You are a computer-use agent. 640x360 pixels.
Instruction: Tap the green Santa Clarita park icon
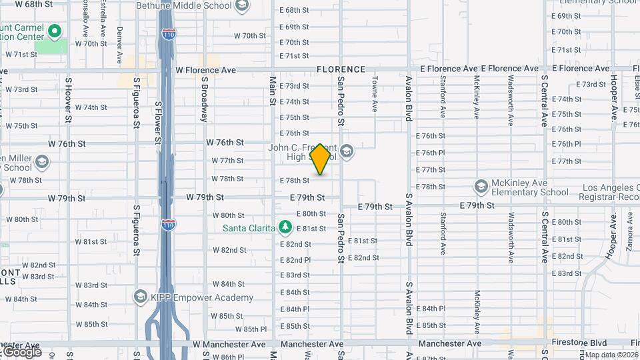coord(285,228)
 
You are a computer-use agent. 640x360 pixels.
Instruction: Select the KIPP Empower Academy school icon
coord(141,296)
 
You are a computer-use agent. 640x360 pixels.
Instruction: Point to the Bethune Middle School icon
coord(242,6)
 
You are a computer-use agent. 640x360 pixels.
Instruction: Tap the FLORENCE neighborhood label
coord(341,69)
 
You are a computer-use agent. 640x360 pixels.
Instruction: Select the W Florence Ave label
coord(206,69)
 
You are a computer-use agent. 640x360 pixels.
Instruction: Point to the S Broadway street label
coord(205,98)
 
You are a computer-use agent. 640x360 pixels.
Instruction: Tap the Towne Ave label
coord(375,98)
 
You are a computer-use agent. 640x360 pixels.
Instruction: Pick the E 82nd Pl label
coord(295,260)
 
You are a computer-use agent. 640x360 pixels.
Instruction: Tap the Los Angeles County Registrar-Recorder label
coord(609,193)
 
